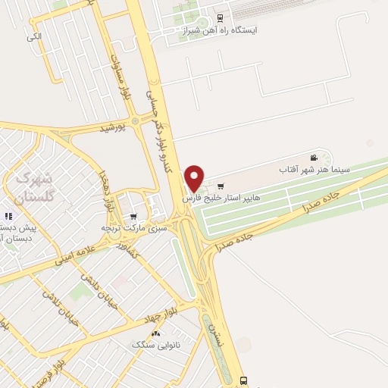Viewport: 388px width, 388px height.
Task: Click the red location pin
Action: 195,178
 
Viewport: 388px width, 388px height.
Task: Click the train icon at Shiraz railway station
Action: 220,17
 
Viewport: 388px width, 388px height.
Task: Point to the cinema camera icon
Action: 314,158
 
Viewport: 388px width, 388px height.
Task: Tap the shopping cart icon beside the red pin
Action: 221,186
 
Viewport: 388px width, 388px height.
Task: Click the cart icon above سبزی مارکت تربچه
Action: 134,215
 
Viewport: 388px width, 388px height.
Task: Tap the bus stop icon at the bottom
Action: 243,380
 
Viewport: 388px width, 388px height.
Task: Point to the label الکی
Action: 33,36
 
